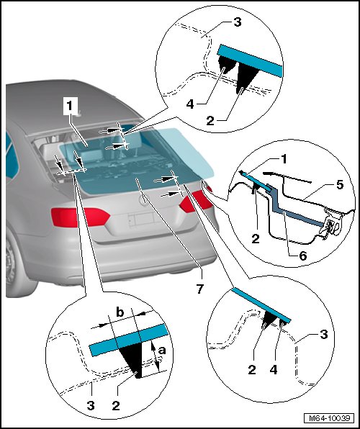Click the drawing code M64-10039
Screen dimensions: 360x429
[330, 418]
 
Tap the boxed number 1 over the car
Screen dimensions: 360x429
[70, 106]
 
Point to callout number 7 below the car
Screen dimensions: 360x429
[200, 289]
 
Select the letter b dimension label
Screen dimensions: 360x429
[120, 312]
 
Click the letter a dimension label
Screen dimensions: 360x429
[162, 351]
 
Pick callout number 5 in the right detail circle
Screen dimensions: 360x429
[339, 185]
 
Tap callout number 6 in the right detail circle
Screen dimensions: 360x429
[303, 256]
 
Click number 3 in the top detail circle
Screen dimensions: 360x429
[238, 22]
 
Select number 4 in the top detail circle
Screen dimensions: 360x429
[190, 104]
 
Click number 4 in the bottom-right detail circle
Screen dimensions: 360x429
[274, 370]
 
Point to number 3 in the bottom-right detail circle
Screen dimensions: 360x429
[324, 334]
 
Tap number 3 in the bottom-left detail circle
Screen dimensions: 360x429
[91, 405]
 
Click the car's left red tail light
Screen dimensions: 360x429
[80, 217]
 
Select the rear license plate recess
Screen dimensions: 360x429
[142, 220]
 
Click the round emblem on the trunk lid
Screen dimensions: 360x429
[143, 201]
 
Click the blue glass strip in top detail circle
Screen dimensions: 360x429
[250, 60]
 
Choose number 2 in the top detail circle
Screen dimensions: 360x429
[210, 120]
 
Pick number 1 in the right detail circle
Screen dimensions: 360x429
[284, 158]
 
